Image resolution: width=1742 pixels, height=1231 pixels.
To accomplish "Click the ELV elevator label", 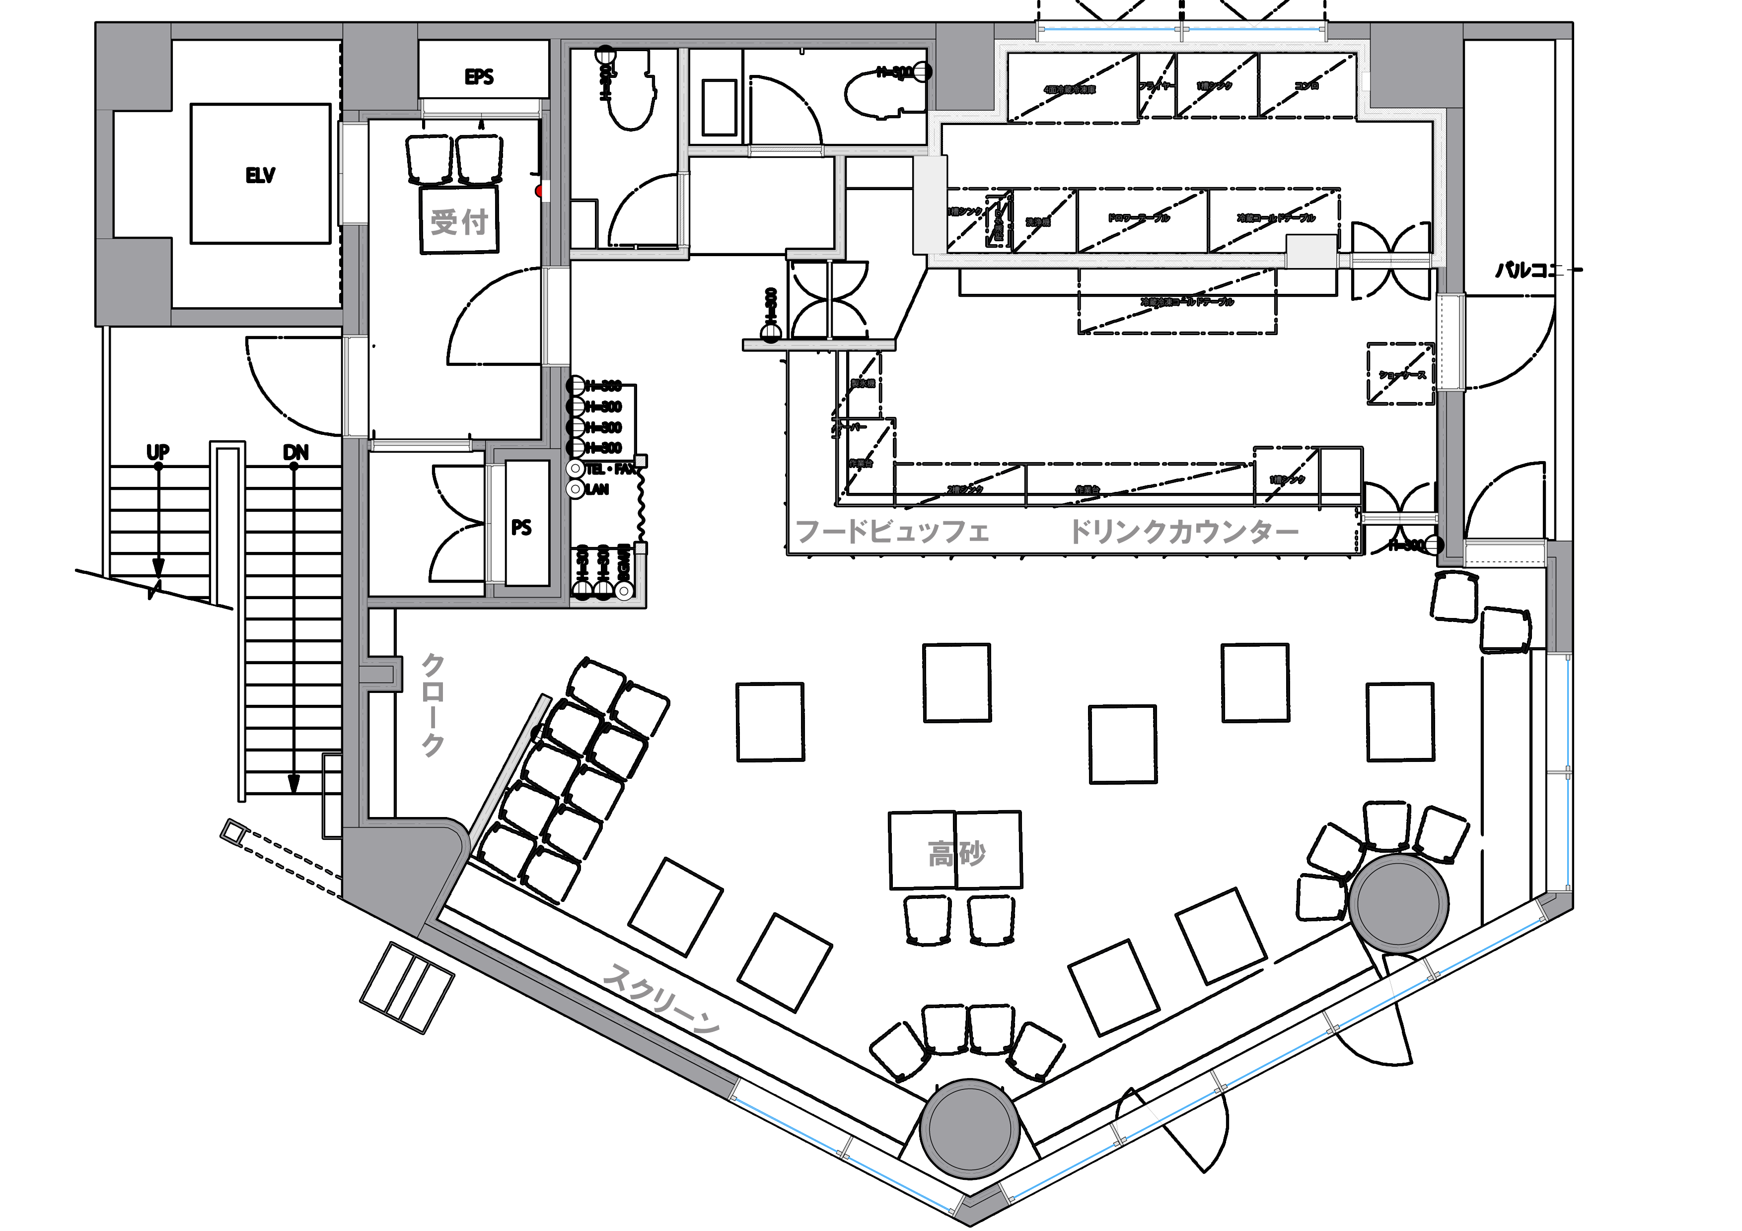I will click(x=260, y=176).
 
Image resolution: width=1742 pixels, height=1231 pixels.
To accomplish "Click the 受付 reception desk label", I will click(x=459, y=222).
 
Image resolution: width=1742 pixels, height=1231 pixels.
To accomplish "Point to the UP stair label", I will click(x=158, y=452).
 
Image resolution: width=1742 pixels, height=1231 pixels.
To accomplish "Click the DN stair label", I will click(x=295, y=452).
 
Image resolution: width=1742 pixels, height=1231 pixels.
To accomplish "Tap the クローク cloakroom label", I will click(x=433, y=705).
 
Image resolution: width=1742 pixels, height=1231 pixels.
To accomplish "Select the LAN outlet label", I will click(x=597, y=490).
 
